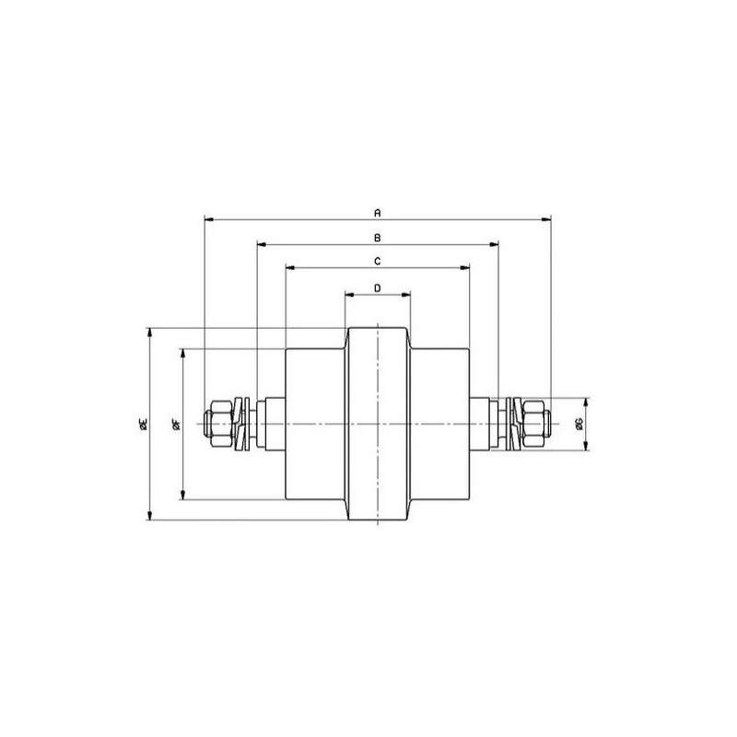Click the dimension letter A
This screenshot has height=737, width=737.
[x=378, y=213]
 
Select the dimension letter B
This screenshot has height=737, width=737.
[x=378, y=239]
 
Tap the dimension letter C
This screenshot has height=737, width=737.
[x=378, y=262]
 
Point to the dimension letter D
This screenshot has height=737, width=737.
[x=378, y=288]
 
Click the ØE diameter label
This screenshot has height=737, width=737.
[x=144, y=424]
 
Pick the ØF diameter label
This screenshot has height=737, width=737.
[x=177, y=424]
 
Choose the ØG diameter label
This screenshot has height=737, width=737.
[x=579, y=424]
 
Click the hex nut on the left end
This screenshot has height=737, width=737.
[x=221, y=424]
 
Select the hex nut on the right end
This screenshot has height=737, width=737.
[x=534, y=424]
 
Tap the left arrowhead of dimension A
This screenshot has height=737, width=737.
[x=210, y=219]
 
